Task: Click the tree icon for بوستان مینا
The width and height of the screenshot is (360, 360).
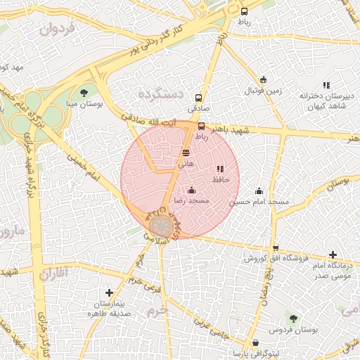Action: pyautogui.click(x=84, y=92)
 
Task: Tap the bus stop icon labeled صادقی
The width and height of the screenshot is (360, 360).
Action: pyautogui.click(x=198, y=98)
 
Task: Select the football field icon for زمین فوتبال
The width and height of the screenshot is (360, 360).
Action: pyautogui.click(x=264, y=79)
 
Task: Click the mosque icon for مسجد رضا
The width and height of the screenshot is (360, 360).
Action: pyautogui.click(x=191, y=190)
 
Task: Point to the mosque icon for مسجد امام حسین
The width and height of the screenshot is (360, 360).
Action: pyautogui.click(x=259, y=191)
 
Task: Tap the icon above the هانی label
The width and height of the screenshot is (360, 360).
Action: pyautogui.click(x=186, y=153)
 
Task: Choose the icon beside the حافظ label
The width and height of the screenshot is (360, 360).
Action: pyautogui.click(x=220, y=169)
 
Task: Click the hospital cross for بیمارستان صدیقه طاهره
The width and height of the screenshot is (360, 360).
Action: pyautogui.click(x=109, y=292)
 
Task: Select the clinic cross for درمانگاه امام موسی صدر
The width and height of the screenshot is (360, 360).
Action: pyautogui.click(x=333, y=255)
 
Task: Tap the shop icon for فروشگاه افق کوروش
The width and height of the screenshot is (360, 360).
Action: pyautogui.click(x=276, y=247)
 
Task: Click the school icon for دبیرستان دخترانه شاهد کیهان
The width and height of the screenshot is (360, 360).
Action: pyautogui.click(x=326, y=85)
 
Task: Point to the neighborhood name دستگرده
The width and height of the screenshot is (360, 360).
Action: pyautogui.click(x=160, y=94)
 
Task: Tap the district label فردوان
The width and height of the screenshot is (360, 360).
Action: pyautogui.click(x=58, y=30)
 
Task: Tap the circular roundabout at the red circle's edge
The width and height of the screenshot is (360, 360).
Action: pyautogui.click(x=160, y=226)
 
